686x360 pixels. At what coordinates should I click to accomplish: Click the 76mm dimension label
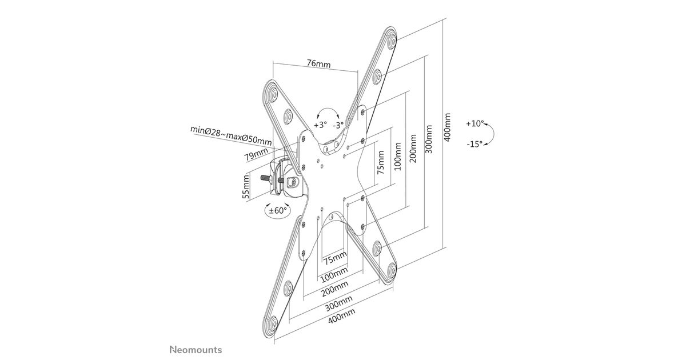click(318, 63)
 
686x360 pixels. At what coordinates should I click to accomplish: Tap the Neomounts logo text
click(196, 349)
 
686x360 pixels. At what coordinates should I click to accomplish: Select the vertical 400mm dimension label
click(448, 127)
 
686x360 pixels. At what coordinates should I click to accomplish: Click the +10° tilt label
click(474, 123)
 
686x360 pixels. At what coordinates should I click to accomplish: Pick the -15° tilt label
click(474, 145)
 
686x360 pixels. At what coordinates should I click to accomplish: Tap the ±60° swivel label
click(278, 210)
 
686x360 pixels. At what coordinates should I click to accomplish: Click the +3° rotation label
click(320, 125)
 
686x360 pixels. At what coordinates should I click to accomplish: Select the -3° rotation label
click(338, 125)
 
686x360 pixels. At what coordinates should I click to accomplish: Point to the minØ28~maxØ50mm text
click(231, 136)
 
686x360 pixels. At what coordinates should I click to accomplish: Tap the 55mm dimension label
click(246, 187)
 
